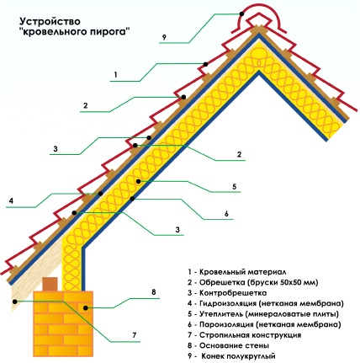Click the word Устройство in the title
(50, 21)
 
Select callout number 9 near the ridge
(164, 37)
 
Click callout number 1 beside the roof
(115, 75)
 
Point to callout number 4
(11, 201)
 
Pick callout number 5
(235, 186)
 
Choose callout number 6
(226, 213)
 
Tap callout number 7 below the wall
(135, 335)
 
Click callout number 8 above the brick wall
(153, 291)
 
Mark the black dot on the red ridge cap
(241, 13)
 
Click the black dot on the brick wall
(85, 308)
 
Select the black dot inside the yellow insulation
(138, 181)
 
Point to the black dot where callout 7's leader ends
(15, 302)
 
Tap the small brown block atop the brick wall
(50, 284)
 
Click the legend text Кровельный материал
(243, 272)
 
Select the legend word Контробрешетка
(233, 293)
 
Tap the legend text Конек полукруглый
(239, 356)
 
